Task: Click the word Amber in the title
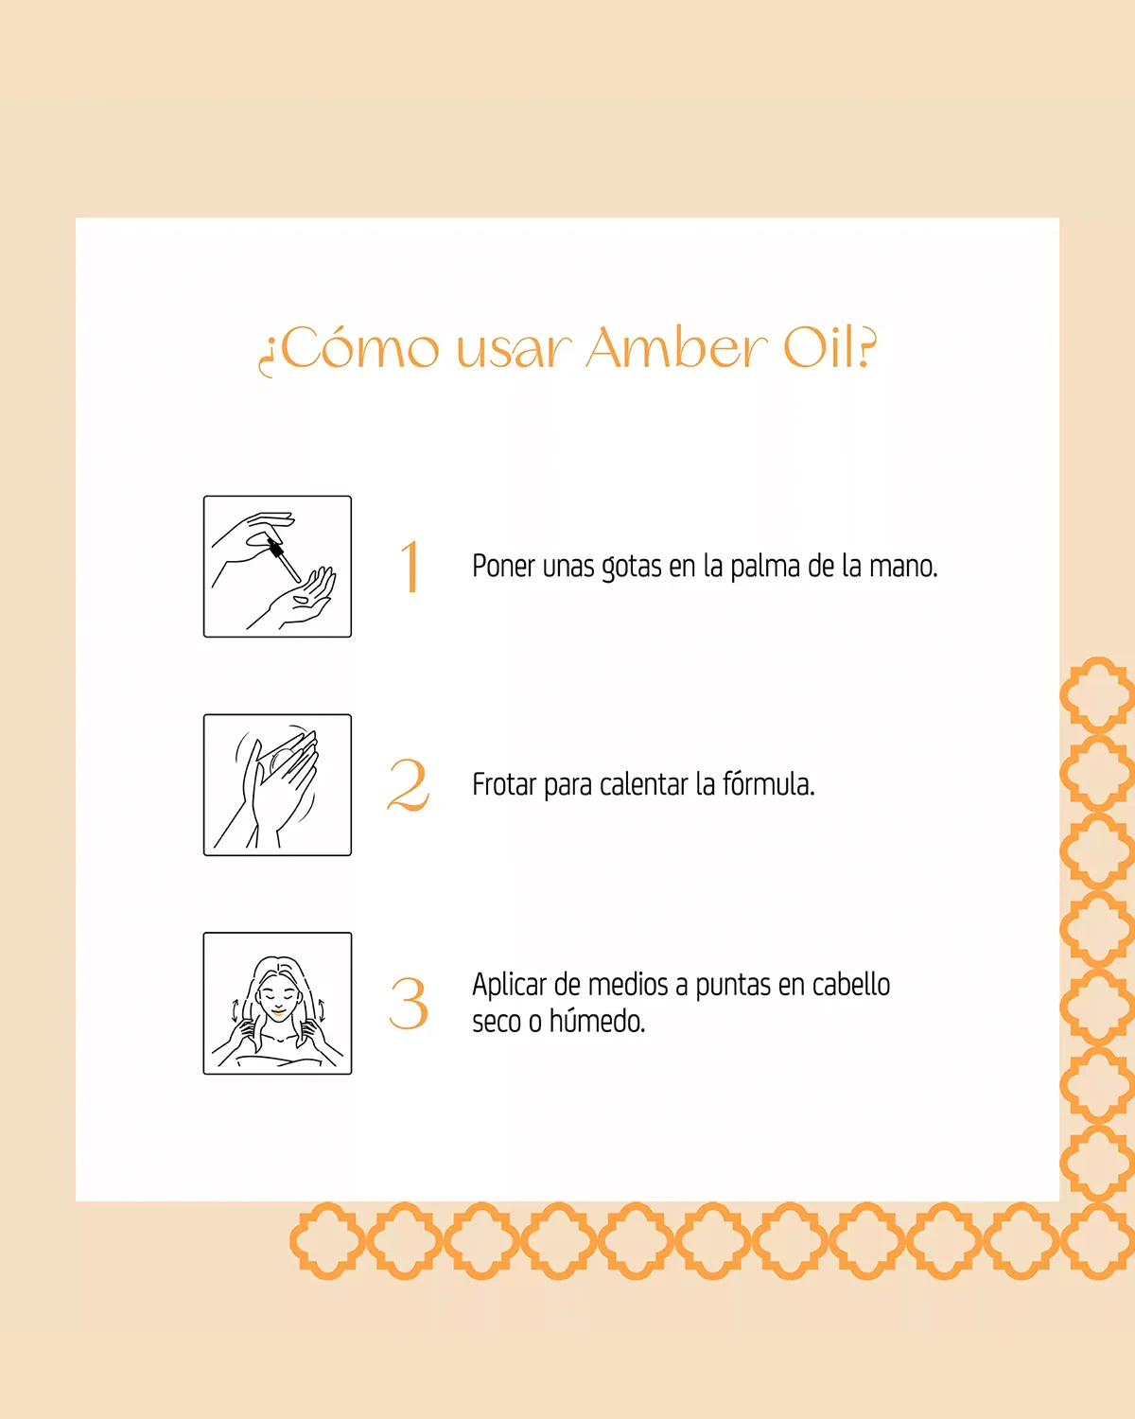[677, 347]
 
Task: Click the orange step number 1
[410, 567]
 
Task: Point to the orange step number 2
[409, 784]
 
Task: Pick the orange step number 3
[409, 1003]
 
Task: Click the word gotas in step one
[631, 567]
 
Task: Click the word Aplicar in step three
[509, 985]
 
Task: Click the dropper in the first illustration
[284, 559]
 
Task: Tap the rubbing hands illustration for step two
[278, 784]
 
